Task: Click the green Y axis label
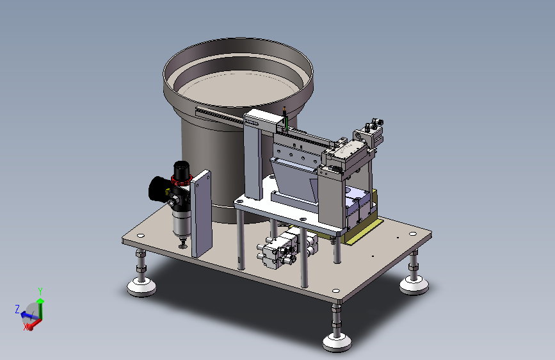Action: (40, 291)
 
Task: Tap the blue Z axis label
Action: (17, 309)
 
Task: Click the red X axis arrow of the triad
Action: (34, 324)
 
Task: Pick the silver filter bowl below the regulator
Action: (182, 223)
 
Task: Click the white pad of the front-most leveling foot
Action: (337, 341)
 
